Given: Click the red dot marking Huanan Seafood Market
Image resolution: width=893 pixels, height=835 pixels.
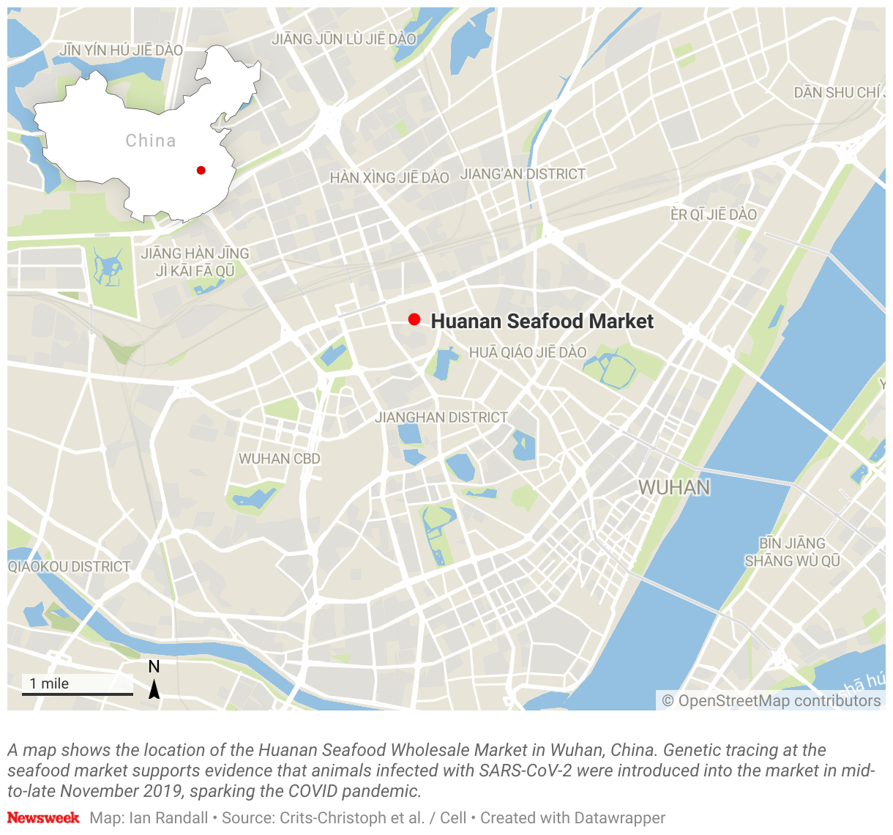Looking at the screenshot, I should [414, 319].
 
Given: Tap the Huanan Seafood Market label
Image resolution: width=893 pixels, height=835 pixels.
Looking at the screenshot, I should [542, 321].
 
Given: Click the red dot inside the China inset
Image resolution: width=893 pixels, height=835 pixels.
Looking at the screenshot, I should [201, 170].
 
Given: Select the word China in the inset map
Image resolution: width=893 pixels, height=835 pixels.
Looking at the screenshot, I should [151, 141].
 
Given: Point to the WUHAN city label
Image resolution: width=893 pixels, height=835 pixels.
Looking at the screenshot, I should [674, 487].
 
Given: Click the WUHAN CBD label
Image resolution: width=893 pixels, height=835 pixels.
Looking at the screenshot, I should [280, 459].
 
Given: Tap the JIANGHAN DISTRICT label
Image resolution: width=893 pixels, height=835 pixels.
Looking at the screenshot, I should [441, 417].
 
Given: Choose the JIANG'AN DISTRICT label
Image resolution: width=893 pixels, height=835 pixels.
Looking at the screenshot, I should [523, 174].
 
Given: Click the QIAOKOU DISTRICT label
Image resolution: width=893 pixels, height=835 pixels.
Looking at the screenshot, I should [70, 567].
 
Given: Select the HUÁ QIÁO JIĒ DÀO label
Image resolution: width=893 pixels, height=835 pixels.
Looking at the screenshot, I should [528, 352].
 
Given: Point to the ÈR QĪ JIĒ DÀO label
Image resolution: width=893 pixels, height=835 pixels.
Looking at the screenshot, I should [714, 215].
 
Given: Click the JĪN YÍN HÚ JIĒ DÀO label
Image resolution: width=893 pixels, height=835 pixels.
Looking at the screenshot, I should [121, 51].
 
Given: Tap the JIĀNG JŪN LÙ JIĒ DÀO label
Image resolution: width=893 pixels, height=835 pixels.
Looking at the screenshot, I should [344, 39].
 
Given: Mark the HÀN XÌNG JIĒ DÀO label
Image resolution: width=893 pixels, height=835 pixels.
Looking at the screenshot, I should [389, 178].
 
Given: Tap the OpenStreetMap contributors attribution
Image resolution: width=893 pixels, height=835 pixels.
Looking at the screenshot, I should [771, 701].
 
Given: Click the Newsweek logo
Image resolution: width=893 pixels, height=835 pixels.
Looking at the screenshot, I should [43, 817].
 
